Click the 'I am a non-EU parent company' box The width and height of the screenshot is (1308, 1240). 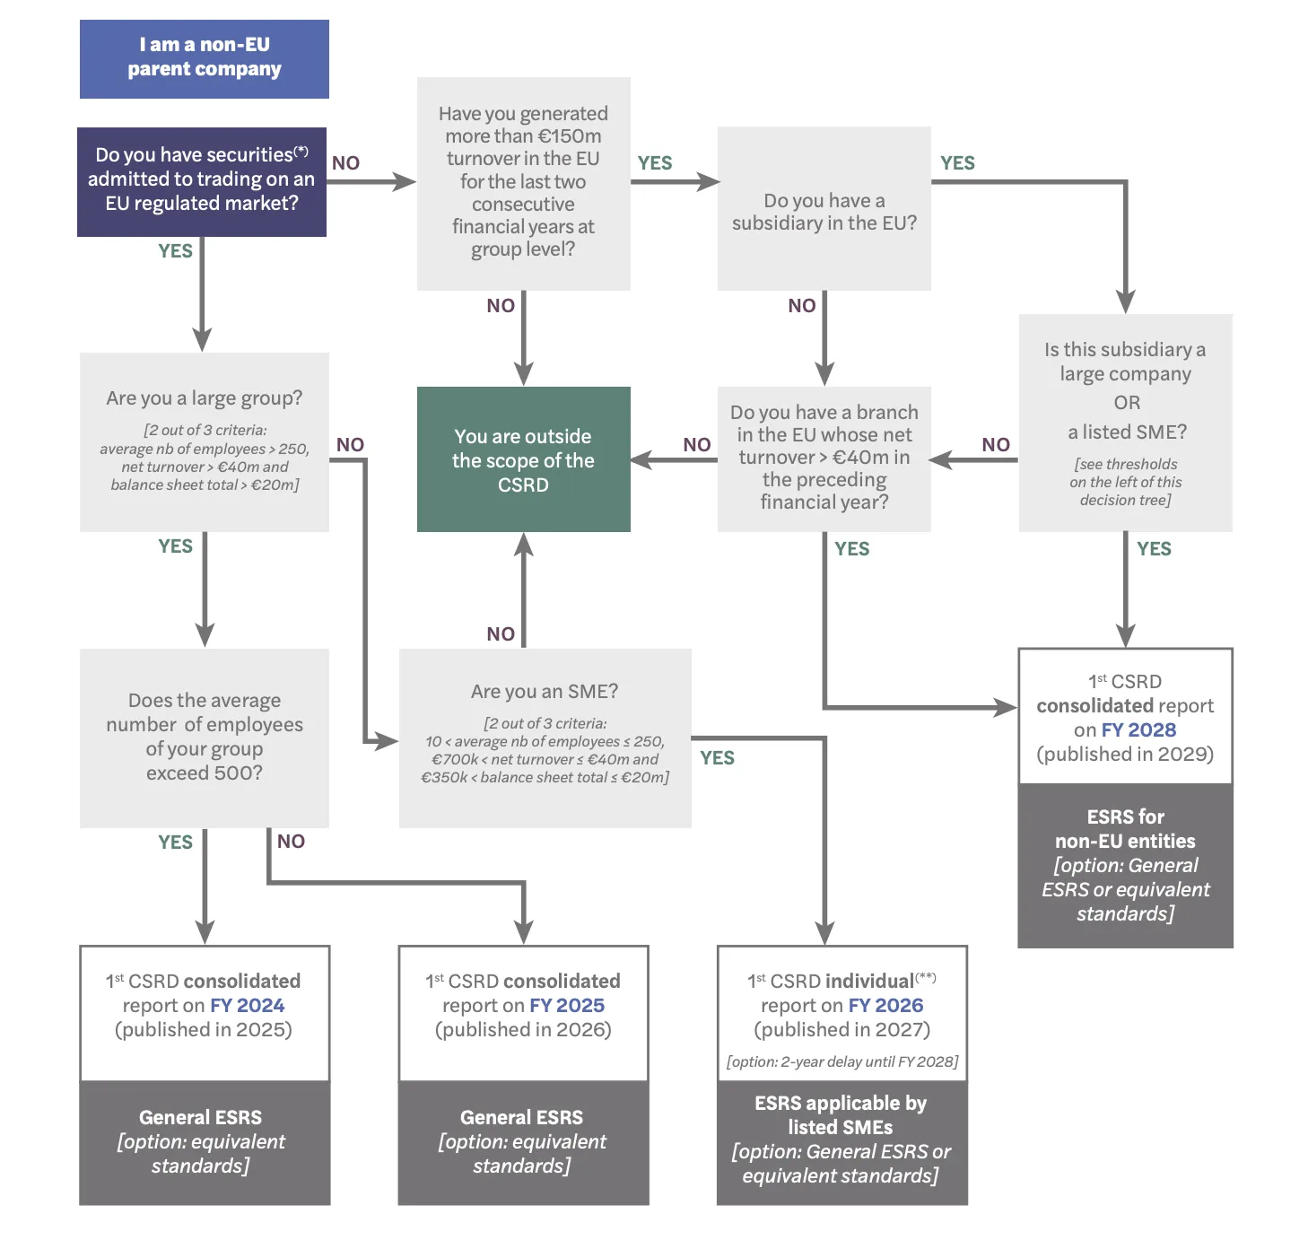204,58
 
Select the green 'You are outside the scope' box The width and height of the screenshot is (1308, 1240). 523,459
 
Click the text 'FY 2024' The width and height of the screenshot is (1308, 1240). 247,1005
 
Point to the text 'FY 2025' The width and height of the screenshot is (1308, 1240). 567,1005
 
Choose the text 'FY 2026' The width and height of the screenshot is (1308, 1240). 885,1005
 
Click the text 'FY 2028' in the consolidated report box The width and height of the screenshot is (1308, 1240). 1138,729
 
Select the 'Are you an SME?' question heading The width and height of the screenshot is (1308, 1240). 545,691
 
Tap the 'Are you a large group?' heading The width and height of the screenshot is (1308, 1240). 205,397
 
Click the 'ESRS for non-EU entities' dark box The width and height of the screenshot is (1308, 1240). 1125,865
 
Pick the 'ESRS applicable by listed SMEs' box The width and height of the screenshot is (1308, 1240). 841,1140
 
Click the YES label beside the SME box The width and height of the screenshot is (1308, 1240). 717,758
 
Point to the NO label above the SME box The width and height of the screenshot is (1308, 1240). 501,634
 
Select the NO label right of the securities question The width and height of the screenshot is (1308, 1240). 345,163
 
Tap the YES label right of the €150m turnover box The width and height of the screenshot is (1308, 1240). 655,163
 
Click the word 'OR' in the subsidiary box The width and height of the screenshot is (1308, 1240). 1127,403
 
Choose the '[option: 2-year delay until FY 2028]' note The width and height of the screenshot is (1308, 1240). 842,1061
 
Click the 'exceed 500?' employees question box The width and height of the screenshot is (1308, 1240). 205,737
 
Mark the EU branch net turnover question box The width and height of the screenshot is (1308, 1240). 824,458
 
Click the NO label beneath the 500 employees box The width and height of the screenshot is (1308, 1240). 291,842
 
